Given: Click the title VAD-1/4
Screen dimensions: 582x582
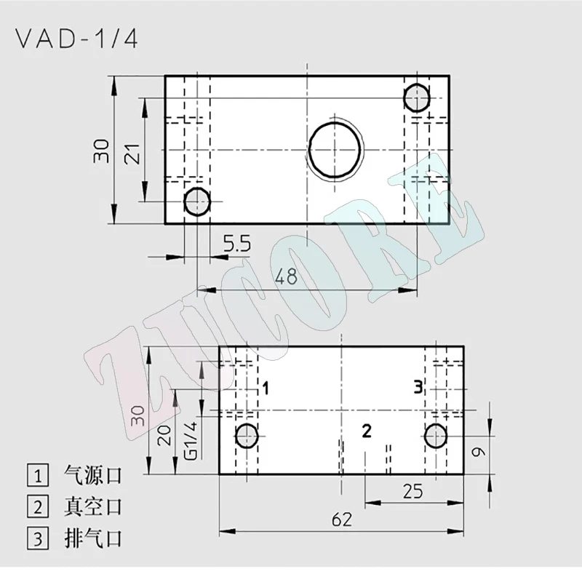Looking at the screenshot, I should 75,39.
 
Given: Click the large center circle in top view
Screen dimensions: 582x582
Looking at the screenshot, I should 335,149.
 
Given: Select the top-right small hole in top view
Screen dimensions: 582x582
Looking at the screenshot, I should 416,97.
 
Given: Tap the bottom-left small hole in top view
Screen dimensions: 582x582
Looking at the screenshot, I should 196,202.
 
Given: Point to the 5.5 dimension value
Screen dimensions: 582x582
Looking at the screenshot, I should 236,244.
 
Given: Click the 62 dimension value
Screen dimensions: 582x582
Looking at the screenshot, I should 341,519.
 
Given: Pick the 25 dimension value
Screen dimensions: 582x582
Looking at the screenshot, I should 413,492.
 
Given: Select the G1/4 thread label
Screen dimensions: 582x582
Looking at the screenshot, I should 191,439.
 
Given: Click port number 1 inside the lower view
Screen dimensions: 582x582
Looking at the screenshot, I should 266,388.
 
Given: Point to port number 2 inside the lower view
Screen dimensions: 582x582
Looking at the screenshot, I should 367,431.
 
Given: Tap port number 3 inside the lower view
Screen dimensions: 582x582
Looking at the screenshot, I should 418,387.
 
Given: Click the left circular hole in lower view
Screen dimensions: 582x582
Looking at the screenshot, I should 247,436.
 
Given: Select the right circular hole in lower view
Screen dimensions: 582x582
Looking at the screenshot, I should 435,436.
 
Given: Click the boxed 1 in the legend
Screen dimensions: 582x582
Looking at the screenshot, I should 36,476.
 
